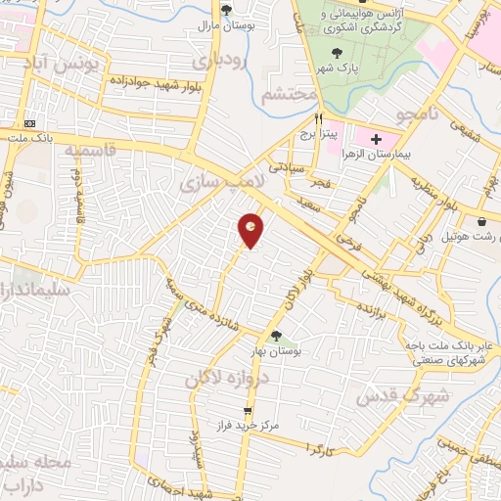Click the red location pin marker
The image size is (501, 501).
[x=251, y=229]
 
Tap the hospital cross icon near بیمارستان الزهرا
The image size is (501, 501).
[x=376, y=140]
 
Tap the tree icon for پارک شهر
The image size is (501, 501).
[x=337, y=54]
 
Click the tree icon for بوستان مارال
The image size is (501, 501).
[x=227, y=10]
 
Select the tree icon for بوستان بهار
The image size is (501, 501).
[x=275, y=336]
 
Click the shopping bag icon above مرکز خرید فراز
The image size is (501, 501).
[x=249, y=411]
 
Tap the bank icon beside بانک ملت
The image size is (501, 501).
[x=31, y=123]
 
